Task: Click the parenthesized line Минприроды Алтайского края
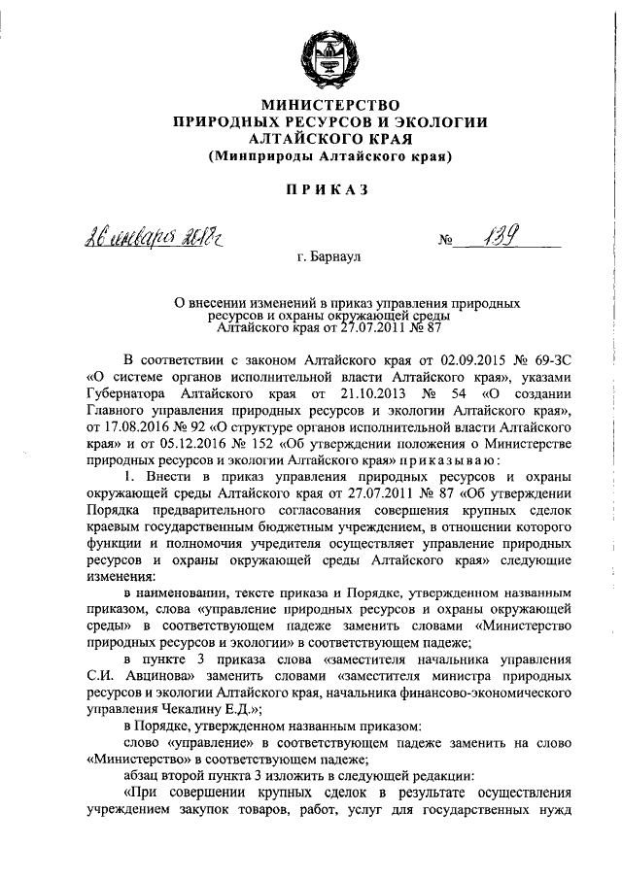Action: (328, 155)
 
